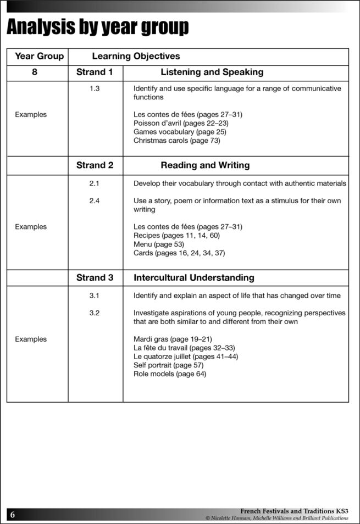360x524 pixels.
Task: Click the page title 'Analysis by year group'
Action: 98,26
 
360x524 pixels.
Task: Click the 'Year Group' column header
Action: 39,56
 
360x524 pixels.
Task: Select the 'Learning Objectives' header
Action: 136,56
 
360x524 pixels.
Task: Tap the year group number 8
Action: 35,72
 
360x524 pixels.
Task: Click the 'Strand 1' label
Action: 95,72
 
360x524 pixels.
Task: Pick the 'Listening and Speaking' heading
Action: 212,72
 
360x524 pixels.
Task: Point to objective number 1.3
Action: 95,88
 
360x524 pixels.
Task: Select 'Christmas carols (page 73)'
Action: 176,141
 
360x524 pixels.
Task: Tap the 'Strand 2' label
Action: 95,165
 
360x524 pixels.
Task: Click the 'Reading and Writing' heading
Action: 205,165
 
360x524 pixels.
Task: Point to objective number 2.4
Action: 95,200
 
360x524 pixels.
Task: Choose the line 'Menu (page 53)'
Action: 159,244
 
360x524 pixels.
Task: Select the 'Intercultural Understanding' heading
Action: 194,278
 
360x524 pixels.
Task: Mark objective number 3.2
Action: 95,313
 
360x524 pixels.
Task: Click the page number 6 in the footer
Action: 13,515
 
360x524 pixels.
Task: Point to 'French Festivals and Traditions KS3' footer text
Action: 294,511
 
